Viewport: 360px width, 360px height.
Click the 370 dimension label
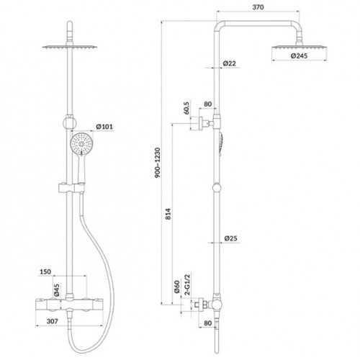(x=258, y=7)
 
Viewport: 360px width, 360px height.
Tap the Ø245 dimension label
(x=299, y=55)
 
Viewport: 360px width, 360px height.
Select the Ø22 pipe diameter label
(x=229, y=63)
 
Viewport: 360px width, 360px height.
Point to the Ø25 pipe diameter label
(x=230, y=238)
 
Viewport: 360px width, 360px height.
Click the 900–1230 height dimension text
(x=158, y=163)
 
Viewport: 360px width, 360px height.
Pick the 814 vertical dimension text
(x=168, y=214)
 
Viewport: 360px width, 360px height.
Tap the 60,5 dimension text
(x=186, y=108)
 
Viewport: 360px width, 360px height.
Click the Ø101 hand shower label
(x=104, y=127)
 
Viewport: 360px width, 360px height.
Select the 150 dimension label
(x=45, y=271)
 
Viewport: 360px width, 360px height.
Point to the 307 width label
(x=52, y=321)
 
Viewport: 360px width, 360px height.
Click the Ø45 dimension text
(x=57, y=290)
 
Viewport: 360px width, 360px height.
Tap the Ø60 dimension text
(x=177, y=287)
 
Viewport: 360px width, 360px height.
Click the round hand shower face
(x=81, y=144)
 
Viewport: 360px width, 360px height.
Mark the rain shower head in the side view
(x=300, y=48)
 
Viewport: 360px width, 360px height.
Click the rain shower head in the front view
(x=70, y=48)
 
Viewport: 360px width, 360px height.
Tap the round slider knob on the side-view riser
(x=217, y=187)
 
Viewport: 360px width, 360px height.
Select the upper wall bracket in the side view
(x=206, y=124)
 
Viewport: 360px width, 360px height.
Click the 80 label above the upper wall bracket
(x=207, y=104)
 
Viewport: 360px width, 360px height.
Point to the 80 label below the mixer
(x=207, y=323)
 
